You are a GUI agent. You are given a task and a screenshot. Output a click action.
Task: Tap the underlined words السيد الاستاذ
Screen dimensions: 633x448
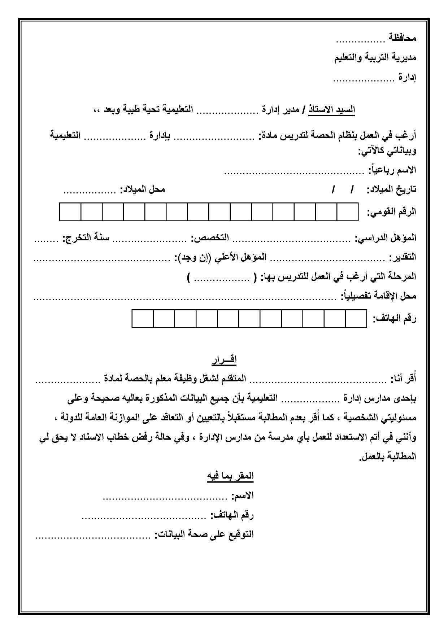click(x=332, y=110)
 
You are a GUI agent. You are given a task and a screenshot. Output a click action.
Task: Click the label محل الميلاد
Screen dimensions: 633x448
click(x=142, y=189)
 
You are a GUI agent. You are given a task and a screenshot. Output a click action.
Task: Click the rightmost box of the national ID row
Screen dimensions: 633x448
click(x=348, y=212)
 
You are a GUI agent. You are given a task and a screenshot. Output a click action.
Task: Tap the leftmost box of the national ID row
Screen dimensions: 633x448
click(x=70, y=212)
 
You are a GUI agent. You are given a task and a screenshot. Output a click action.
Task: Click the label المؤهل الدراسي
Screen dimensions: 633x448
click(x=386, y=238)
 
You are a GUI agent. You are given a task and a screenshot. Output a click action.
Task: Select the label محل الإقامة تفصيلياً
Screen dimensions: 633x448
click(x=379, y=296)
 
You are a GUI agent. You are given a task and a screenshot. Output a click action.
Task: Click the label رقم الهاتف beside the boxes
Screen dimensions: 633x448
click(x=395, y=319)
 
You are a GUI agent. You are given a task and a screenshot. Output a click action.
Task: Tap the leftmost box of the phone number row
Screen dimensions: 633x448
click(x=143, y=319)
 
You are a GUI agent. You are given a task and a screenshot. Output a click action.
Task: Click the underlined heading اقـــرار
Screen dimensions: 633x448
click(x=224, y=360)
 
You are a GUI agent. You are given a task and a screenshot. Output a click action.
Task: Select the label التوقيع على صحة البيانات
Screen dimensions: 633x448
click(x=204, y=534)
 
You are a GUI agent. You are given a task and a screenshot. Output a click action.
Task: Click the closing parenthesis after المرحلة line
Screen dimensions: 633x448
click(x=189, y=277)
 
